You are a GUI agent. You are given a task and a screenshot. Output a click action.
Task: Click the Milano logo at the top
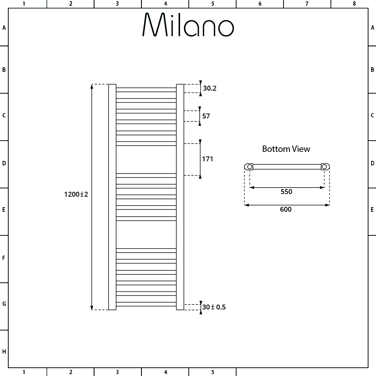click(188, 25)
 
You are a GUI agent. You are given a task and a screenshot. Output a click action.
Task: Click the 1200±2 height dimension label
click(76, 194)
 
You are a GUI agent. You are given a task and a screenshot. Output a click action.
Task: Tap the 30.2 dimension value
click(210, 89)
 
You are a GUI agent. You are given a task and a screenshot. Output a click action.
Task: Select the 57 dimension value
click(206, 116)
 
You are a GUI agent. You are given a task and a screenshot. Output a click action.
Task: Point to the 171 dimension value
click(208, 159)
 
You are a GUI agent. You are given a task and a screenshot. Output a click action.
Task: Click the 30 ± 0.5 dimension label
click(214, 307)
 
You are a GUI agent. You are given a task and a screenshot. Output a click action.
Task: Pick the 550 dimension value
click(286, 192)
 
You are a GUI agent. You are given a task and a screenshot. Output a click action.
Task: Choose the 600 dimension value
click(286, 209)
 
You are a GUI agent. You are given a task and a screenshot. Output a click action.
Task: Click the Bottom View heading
click(286, 149)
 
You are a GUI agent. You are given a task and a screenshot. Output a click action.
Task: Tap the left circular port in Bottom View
click(249, 166)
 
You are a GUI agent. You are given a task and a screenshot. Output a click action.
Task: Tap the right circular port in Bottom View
click(324, 166)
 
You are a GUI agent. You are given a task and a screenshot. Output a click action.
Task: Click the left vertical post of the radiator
click(112, 197)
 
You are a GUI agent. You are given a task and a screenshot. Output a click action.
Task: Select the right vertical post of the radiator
click(180, 197)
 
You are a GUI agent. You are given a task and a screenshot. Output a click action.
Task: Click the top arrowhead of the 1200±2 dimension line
click(92, 86)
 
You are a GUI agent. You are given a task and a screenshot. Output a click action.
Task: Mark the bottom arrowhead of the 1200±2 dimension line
click(92, 308)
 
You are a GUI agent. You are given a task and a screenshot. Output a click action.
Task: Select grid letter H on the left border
click(4, 352)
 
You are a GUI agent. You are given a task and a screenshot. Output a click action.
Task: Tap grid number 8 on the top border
click(354, 4)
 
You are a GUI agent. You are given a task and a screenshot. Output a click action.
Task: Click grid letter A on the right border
click(372, 27)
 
